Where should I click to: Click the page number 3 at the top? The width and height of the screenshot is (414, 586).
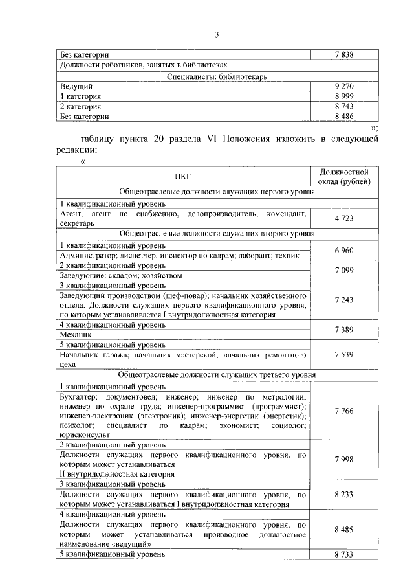click(x=217, y=34)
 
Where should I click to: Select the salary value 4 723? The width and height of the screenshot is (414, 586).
click(x=345, y=218)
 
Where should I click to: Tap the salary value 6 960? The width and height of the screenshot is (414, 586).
click(x=345, y=250)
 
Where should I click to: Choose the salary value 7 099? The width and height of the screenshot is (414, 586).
click(x=345, y=270)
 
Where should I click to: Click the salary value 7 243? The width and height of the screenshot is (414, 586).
click(x=345, y=300)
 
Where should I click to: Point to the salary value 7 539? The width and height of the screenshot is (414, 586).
click(x=345, y=355)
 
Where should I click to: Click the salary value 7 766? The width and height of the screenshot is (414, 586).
click(x=345, y=411)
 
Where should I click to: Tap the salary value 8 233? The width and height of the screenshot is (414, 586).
click(x=345, y=494)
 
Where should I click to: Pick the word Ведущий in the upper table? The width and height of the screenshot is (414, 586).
click(x=76, y=86)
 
